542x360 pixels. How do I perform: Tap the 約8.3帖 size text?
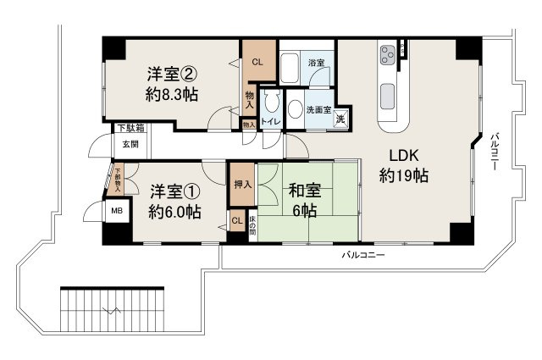pos(172,94)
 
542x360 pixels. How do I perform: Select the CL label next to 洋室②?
pos(257,61)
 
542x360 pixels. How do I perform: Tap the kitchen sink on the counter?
pos(390,92)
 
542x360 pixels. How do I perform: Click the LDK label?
pos(403,156)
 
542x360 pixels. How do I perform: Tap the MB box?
pos(112,211)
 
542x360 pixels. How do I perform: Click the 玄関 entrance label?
pos(129,144)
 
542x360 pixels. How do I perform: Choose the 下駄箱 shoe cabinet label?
pos(130,128)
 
